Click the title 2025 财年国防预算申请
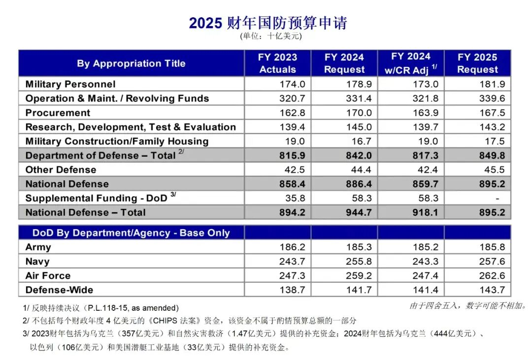coord(268,23)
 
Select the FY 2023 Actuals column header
coord(277,64)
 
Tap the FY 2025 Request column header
coord(477,64)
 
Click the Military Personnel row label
coord(70,84)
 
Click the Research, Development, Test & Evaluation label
coord(131,127)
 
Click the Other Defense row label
coord(61,170)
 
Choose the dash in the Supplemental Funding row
coord(498,198)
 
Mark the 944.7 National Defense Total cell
coord(358,213)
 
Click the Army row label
coord(38,247)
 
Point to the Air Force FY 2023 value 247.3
coord(292,276)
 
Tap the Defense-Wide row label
coord(59,290)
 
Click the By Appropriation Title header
coord(131,64)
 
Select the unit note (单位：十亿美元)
coord(270,36)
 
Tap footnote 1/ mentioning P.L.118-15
coord(101,308)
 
